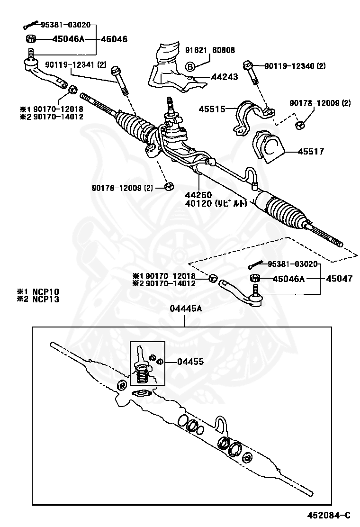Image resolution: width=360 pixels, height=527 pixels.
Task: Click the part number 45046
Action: point(113,39)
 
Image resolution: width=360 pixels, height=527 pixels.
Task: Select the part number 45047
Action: point(339,279)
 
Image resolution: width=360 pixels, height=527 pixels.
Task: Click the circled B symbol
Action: point(189,66)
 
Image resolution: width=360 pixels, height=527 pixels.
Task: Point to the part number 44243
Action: point(225,77)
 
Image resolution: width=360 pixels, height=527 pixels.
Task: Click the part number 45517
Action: point(311,152)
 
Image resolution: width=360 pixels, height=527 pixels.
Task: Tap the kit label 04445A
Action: point(186,309)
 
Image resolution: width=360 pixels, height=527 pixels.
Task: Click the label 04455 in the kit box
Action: point(190,362)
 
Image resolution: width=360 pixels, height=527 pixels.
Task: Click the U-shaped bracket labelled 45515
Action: point(249,116)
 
